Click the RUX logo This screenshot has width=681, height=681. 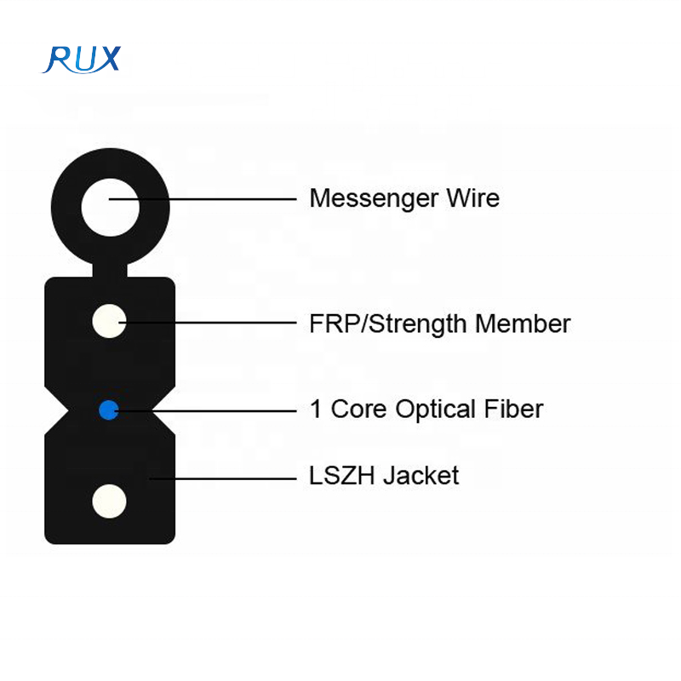[x=83, y=58]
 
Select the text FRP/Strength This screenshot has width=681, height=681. [x=388, y=324]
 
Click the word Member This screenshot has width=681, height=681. [x=523, y=324]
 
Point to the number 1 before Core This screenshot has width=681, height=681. [x=316, y=409]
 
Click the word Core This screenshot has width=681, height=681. [x=358, y=409]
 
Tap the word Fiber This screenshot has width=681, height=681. [x=513, y=409]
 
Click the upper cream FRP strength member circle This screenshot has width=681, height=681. [x=109, y=322]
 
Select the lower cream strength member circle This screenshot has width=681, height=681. [x=109, y=501]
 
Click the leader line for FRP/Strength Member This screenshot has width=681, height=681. [x=213, y=323]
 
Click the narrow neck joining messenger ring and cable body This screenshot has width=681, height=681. [x=109, y=268]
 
